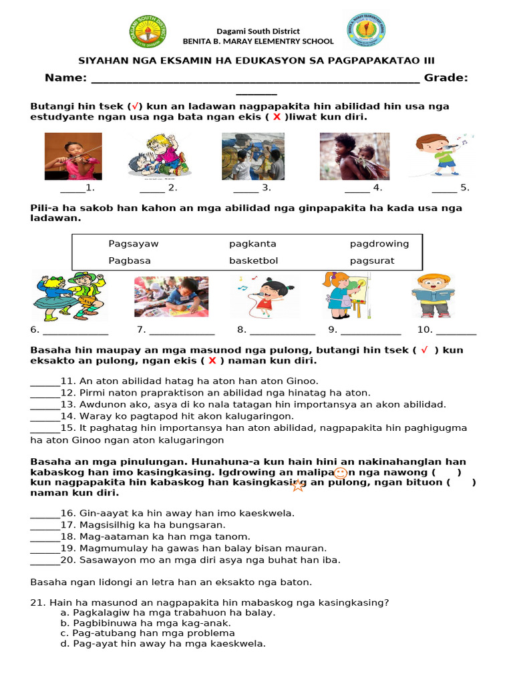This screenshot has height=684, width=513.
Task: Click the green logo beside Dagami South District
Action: coord(148,32)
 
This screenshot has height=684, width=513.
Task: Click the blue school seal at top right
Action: coord(367,31)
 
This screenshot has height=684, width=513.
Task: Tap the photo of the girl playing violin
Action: coord(73,156)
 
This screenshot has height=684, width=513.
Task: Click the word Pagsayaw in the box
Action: coord(134,244)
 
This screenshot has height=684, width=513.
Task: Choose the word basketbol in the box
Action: coord(253,261)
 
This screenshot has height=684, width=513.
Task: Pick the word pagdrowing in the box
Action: coord(379,244)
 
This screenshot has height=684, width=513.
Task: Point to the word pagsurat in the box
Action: coord(372,261)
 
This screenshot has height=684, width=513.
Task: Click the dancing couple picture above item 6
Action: coord(69,296)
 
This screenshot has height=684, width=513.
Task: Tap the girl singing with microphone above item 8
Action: coord(268,296)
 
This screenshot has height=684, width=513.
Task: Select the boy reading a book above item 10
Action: coord(434,295)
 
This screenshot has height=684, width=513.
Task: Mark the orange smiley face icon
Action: coord(340,473)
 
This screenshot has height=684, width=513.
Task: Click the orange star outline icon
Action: coord(298,486)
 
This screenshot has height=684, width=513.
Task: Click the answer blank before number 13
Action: coord(45,405)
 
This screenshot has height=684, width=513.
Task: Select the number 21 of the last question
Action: coord(37,603)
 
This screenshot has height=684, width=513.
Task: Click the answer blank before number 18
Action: coord(45,536)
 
